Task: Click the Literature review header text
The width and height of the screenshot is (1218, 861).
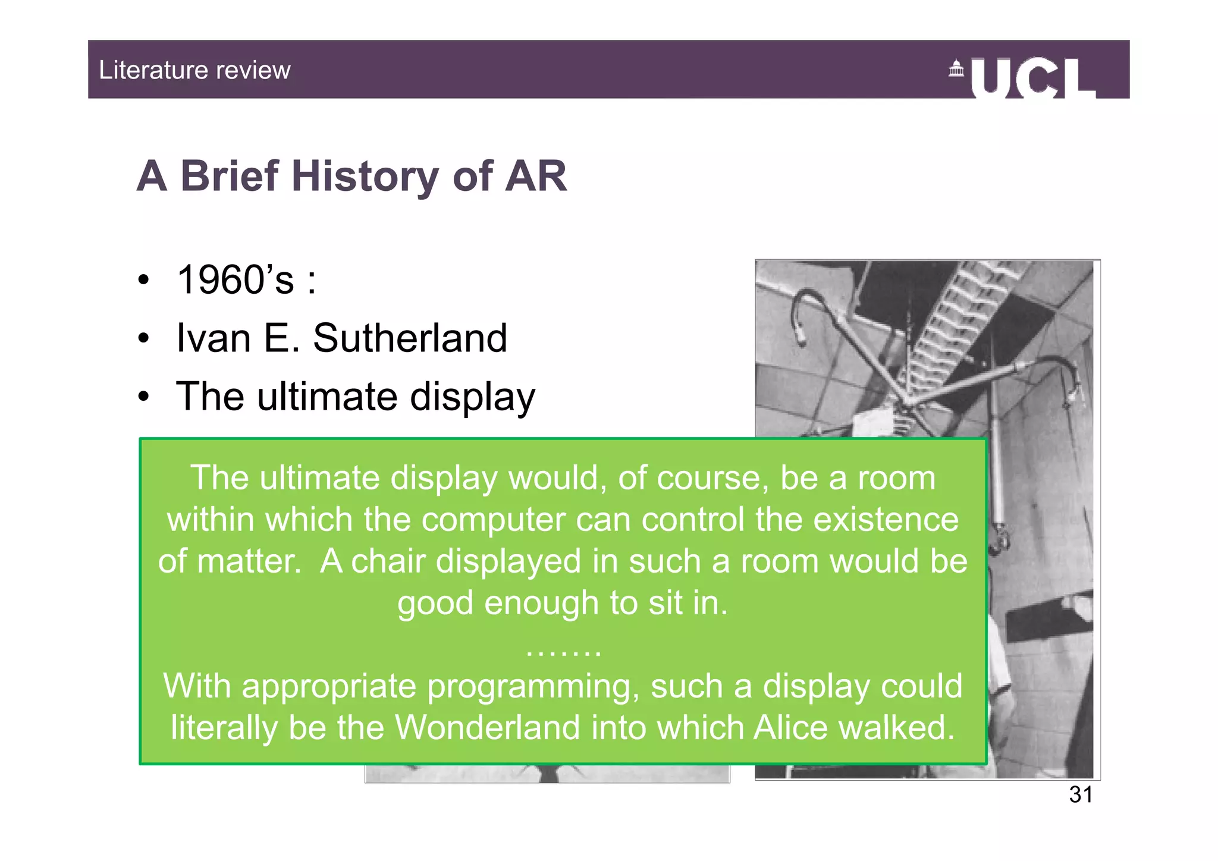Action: click(x=194, y=70)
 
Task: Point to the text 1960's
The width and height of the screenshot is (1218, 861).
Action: click(x=236, y=279)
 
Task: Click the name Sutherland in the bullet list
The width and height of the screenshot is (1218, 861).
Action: click(x=410, y=338)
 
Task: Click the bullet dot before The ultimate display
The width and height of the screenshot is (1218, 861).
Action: click(x=143, y=397)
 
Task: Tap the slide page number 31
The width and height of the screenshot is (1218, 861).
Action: click(x=1081, y=794)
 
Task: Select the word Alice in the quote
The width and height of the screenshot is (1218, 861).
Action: click(x=790, y=727)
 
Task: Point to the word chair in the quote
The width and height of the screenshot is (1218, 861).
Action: click(x=388, y=561)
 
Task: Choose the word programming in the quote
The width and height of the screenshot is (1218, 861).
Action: click(x=533, y=686)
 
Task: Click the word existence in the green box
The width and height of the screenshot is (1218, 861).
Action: click(x=886, y=519)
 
